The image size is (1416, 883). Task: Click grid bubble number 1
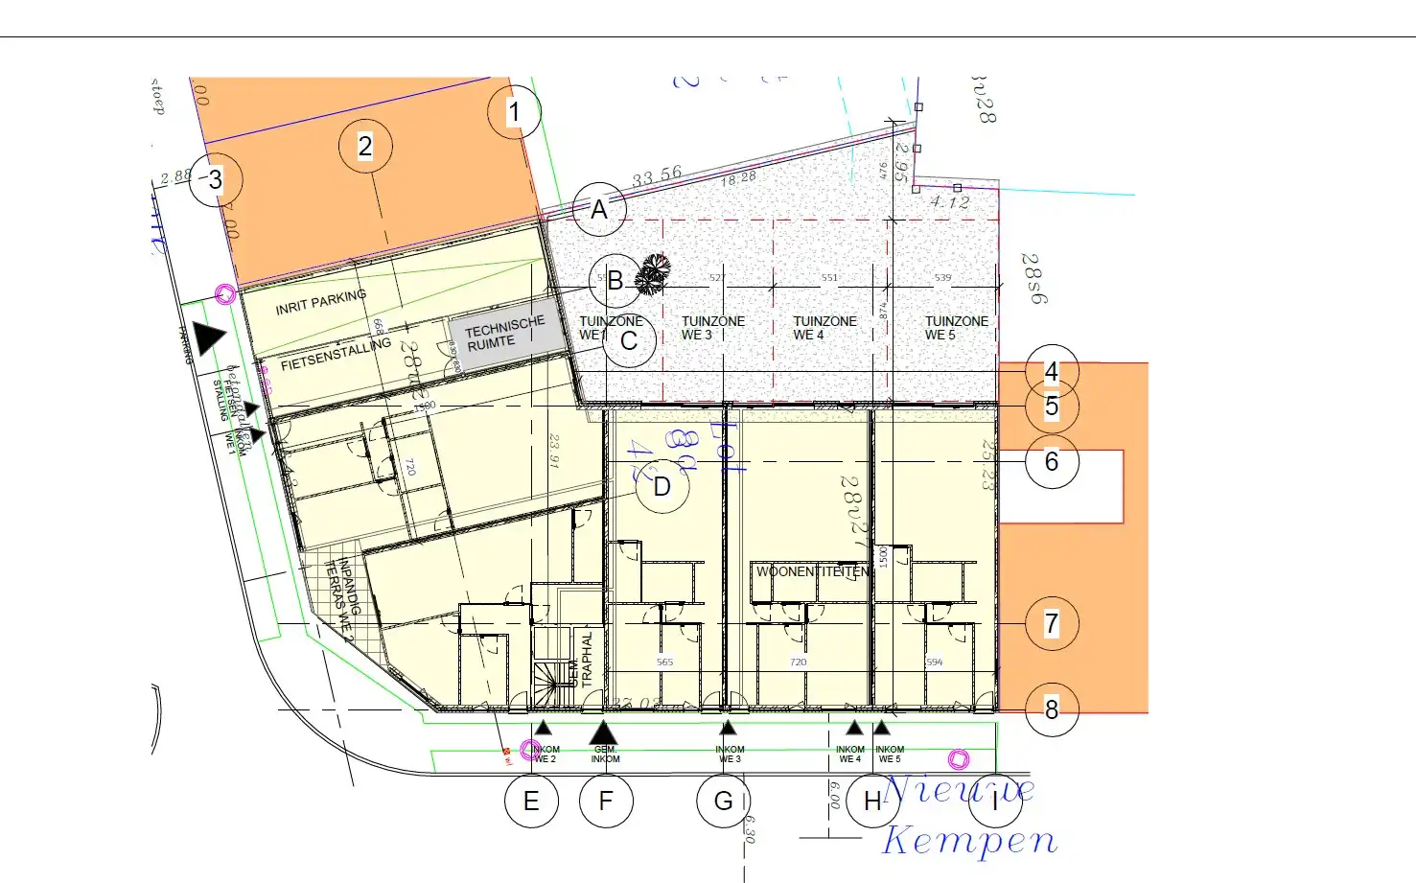tap(514, 112)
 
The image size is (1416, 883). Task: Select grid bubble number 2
tap(365, 146)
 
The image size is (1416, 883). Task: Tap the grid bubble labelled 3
tap(216, 179)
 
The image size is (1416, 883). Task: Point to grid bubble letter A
tap(599, 209)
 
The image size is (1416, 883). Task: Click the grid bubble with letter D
tap(662, 486)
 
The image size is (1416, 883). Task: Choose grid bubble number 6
tap(1052, 461)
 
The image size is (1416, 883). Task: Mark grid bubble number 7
tap(1052, 623)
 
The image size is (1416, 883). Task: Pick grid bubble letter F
tap(606, 801)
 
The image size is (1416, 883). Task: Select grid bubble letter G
tap(724, 801)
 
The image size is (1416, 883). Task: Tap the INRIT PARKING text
tap(320, 302)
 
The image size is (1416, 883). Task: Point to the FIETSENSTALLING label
tap(336, 353)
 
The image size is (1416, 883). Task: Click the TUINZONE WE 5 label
tap(956, 328)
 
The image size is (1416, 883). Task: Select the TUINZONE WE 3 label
tap(712, 328)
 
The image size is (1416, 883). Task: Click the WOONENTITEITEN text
tap(813, 571)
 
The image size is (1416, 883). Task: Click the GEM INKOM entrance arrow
tap(603, 732)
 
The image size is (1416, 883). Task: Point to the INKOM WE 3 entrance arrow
tap(728, 729)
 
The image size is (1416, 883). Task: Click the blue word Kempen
tap(969, 840)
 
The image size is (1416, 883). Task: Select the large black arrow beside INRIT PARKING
tap(208, 337)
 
